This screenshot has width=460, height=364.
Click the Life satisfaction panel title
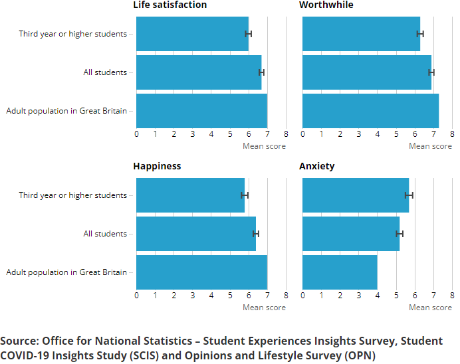point(170,5)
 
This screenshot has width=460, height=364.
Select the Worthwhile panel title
point(326,5)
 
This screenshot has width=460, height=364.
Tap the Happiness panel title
point(157,166)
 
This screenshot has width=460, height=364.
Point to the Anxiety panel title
point(317,166)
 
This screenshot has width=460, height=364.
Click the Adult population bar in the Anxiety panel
point(340,272)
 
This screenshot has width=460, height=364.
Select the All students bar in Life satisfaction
point(199,72)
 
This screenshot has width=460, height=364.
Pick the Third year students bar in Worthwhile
point(361,34)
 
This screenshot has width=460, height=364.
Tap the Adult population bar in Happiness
point(201,272)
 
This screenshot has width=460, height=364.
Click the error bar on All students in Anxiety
point(400,234)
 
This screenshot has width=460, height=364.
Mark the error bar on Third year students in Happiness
point(245,195)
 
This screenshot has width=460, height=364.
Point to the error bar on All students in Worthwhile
point(431,72)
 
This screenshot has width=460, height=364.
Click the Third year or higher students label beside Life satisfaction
point(72,34)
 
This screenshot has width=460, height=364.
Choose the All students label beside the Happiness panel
point(105,234)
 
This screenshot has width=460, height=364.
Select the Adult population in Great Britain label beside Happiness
point(66,272)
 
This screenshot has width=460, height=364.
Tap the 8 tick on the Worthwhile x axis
point(452,134)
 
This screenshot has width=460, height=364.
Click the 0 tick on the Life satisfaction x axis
point(137,134)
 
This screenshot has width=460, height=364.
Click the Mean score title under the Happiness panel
point(264,308)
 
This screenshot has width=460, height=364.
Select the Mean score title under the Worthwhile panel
point(430,146)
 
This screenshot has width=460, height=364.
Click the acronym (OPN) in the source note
point(359,355)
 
